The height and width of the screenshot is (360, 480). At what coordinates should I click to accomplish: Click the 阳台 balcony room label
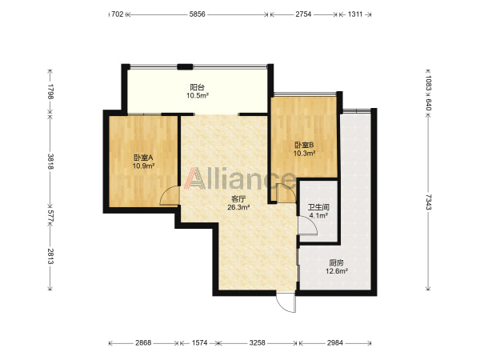197,87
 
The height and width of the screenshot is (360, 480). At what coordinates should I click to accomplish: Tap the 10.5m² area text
198,95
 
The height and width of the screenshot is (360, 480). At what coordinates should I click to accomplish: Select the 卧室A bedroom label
143,158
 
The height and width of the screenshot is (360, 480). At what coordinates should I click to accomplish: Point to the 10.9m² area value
143,166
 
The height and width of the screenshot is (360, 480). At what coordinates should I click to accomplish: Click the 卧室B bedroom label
304,145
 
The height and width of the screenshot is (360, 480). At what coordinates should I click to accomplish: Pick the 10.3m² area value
305,153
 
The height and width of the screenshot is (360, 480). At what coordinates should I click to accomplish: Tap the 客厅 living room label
238,199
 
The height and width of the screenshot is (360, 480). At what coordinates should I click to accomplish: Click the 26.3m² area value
238,207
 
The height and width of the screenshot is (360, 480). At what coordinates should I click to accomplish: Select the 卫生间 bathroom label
318,207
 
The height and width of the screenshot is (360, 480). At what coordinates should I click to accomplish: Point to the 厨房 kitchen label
336,262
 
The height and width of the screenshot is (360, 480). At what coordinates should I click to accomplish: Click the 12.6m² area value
337,271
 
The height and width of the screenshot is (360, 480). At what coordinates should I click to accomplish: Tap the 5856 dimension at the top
197,14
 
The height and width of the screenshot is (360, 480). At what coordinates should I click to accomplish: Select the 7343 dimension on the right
428,202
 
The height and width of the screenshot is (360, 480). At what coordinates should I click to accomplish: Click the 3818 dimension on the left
51,162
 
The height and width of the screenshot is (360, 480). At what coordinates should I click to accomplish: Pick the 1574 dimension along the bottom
199,343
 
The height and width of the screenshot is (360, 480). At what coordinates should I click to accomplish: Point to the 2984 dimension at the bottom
335,343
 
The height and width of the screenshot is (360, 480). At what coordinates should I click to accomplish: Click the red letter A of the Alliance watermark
195,178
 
